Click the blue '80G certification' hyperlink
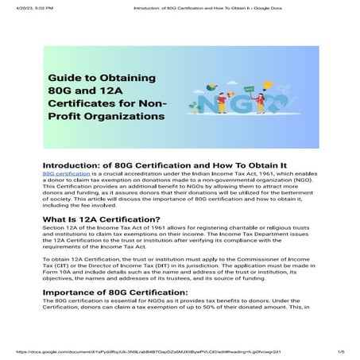point(67,172)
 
